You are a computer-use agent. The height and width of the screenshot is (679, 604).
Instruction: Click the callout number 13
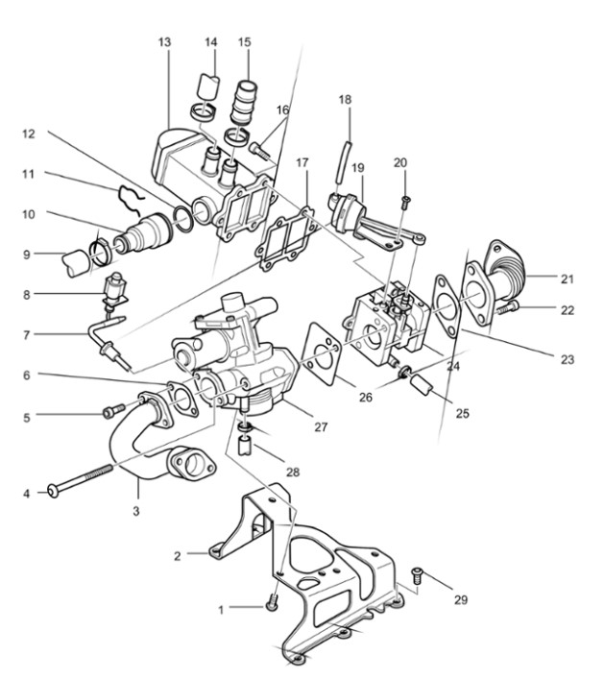point(164,42)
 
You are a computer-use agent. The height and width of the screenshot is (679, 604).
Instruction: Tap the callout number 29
point(461,599)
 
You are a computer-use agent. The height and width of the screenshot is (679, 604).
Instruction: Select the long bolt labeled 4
point(80,479)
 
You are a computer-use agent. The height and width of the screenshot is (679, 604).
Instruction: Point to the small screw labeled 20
point(406,201)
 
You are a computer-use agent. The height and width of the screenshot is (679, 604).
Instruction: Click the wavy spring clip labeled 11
point(130,201)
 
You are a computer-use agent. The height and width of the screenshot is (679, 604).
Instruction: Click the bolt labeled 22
point(508,308)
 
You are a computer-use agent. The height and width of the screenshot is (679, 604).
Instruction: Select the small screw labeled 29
point(418,575)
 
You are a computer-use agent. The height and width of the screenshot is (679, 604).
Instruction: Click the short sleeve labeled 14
point(207,85)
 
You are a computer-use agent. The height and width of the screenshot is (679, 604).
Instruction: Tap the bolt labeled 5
point(114,410)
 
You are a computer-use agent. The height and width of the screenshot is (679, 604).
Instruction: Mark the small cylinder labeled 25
point(422,384)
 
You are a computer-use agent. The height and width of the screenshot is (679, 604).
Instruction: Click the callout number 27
point(321,427)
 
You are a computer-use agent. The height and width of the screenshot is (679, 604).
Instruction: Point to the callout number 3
point(136,511)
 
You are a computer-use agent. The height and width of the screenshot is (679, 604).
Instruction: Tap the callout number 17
point(302,162)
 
